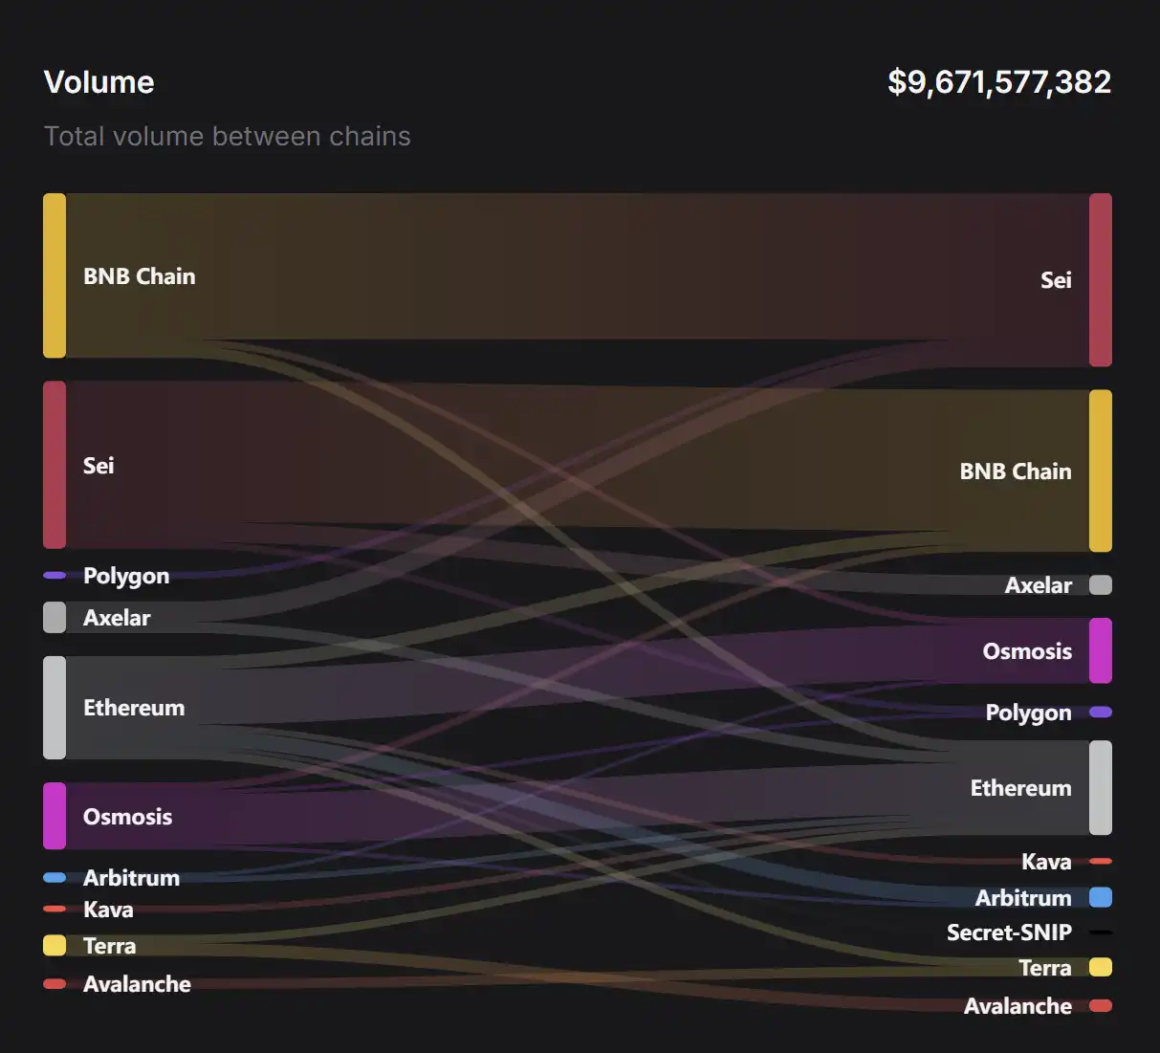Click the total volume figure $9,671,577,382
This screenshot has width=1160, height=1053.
coord(998,82)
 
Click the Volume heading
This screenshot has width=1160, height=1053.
coord(98,82)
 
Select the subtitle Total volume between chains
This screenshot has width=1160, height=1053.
coord(227,137)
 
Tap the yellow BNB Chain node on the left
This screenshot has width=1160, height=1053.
coord(55,275)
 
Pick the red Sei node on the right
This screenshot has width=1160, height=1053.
coord(1101,279)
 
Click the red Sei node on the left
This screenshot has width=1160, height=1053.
coord(55,465)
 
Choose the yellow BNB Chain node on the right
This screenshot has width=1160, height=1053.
coord(1101,471)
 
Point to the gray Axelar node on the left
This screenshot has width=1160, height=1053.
coord(55,617)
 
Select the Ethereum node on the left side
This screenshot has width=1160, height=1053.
coord(55,708)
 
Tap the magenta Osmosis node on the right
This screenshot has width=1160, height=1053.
coord(1101,650)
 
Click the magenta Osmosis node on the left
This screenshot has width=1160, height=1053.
coord(55,816)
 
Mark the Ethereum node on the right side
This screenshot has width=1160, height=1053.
coord(1101,787)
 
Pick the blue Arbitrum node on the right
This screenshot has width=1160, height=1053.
coord(1101,897)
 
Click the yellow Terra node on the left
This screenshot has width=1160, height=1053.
coord(55,945)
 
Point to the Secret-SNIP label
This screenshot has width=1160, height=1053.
coord(1009,932)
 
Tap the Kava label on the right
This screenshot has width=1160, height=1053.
coord(1046,862)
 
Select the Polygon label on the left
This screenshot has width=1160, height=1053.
coord(126,576)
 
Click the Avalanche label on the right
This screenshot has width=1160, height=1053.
coord(1018,1006)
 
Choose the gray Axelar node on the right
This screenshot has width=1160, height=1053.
coord(1101,584)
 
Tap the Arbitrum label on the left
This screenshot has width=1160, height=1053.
coord(131,878)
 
